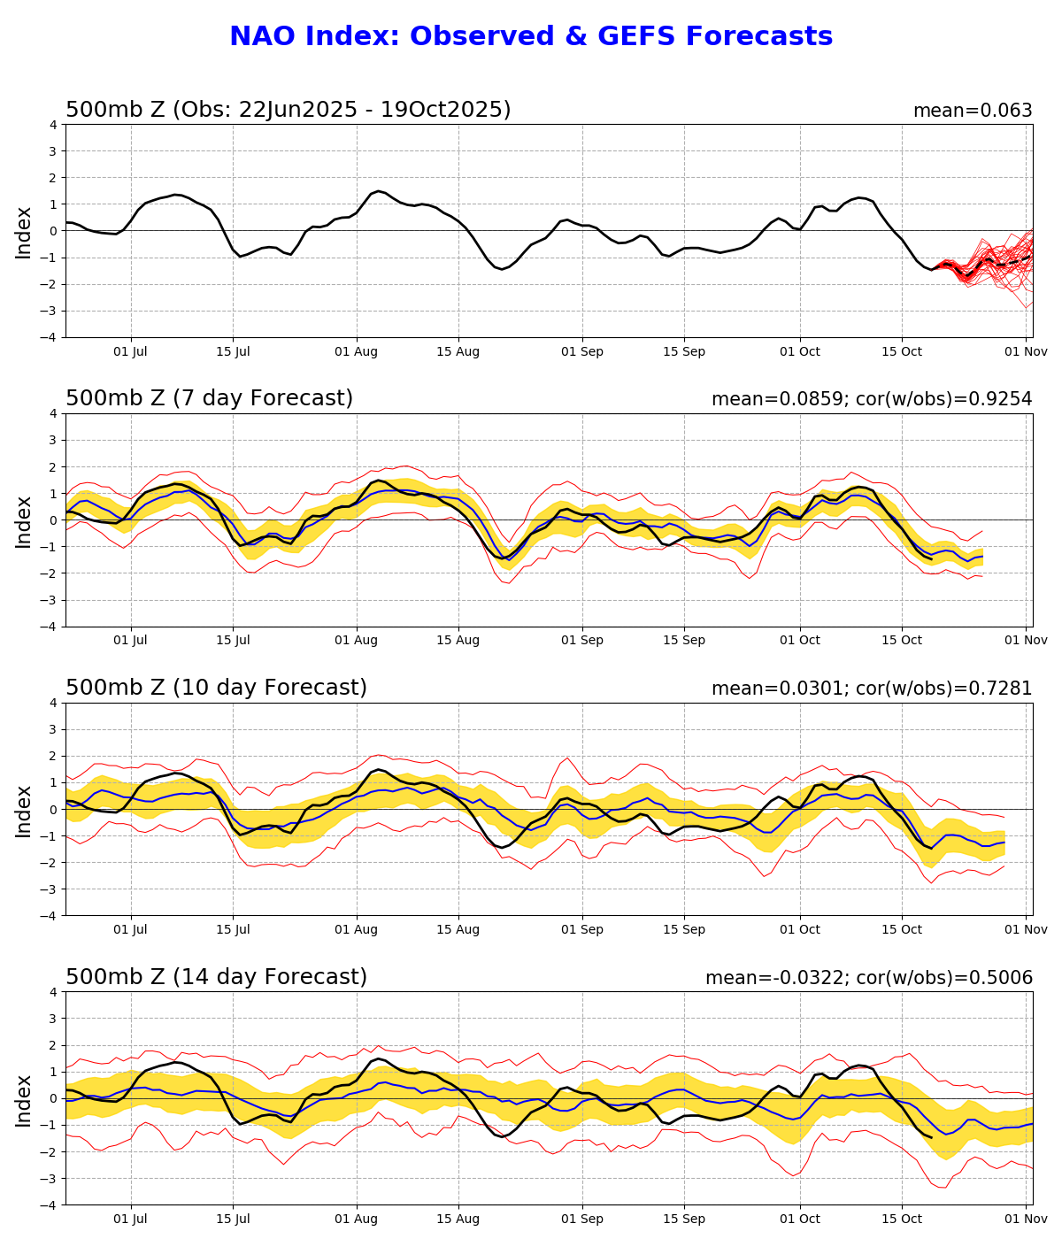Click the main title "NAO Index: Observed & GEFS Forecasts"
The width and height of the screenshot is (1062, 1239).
pyautogui.click(x=531, y=36)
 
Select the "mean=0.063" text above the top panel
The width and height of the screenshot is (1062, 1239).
pyautogui.click(x=973, y=111)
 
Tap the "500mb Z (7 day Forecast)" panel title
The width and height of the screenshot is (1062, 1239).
pyautogui.click(x=209, y=398)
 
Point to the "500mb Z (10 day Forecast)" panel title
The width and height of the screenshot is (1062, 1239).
pyautogui.click(x=216, y=688)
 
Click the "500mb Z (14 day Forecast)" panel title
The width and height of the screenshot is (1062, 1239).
pyautogui.click(x=216, y=977)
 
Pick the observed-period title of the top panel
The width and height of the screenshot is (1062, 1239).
pyautogui.click(x=288, y=110)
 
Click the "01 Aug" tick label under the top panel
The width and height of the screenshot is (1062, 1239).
pyautogui.click(x=357, y=351)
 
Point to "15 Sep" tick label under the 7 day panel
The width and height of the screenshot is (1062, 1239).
pyautogui.click(x=684, y=641)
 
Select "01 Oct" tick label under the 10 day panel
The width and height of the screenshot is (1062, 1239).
pyautogui.click(x=799, y=929)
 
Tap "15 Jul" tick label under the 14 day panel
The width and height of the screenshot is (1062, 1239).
pyautogui.click(x=233, y=1219)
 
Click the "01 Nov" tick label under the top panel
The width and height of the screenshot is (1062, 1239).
pyautogui.click(x=1026, y=351)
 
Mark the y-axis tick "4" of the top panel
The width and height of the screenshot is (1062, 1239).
pyautogui.click(x=54, y=125)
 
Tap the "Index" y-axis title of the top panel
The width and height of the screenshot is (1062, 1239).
pyautogui.click(x=24, y=232)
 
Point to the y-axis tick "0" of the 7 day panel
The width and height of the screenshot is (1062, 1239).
pyautogui.click(x=54, y=520)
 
